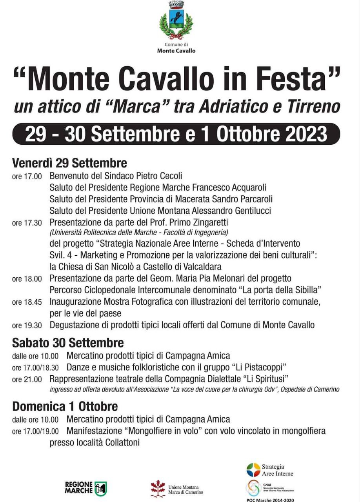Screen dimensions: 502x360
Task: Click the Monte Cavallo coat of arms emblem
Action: [x=176, y=20]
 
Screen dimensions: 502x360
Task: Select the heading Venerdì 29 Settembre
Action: [x=69, y=162]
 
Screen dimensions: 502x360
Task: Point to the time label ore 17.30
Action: [x=27, y=223]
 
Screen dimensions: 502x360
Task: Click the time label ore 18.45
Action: [x=27, y=302]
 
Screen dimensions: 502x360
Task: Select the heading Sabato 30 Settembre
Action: [x=68, y=343]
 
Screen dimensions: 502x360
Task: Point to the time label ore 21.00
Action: [x=27, y=379]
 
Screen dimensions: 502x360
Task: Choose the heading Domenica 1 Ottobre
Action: [x=65, y=406]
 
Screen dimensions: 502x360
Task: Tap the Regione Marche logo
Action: [x=86, y=488]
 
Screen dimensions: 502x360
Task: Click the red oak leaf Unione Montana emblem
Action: [x=158, y=489]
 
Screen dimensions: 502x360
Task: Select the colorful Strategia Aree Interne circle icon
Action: [x=253, y=469]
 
